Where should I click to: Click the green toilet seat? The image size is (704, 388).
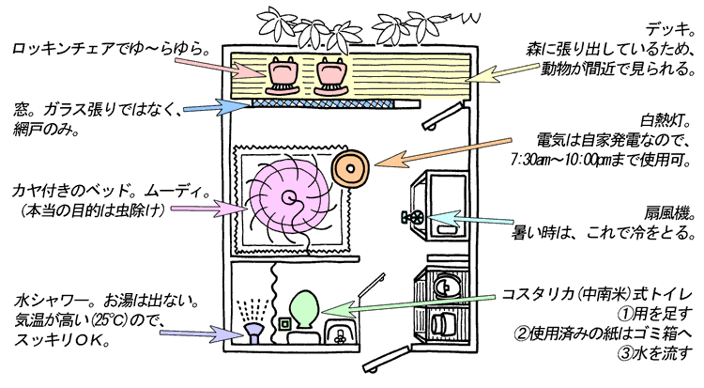(x=304, y=311)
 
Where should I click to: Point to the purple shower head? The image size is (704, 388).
(x=253, y=333)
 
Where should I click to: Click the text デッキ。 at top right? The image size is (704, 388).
(x=670, y=27)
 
